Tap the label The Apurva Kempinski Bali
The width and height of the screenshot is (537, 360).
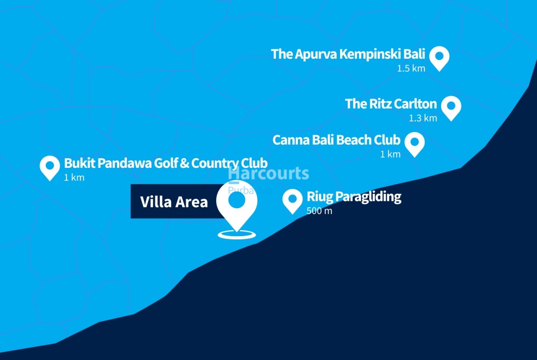coord(348,54)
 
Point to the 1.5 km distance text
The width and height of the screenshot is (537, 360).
coord(411,68)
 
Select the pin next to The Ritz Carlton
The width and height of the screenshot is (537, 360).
coord(451,106)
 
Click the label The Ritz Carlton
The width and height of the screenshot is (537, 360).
coord(391,104)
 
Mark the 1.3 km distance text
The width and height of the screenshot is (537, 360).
coord(423,118)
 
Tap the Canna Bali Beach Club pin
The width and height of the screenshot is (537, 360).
coord(414,143)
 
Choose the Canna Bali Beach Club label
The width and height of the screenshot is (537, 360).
coord(336,140)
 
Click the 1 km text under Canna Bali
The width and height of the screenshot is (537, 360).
coord(390,154)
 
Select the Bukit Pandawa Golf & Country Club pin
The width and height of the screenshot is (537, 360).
coord(50,166)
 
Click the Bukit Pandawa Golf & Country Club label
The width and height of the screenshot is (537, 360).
coord(166,163)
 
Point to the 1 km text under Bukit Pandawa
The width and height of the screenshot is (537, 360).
coord(74,177)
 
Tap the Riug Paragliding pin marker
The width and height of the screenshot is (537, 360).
coord(292,200)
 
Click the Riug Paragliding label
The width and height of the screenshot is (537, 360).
coord(354,197)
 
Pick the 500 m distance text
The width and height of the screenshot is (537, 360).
coord(319,211)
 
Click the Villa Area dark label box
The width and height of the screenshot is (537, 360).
coord(173,202)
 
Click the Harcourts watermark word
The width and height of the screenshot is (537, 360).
coord(268,174)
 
